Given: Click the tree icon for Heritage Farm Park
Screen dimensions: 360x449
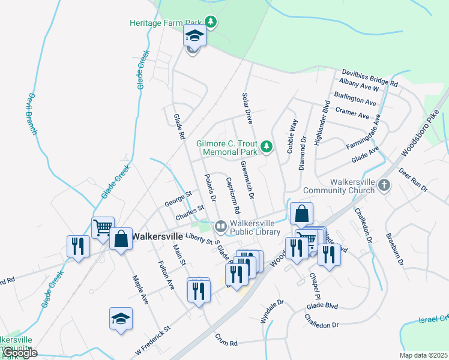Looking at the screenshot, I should click(210, 23).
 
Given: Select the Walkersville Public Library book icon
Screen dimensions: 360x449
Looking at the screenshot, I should click(220, 226).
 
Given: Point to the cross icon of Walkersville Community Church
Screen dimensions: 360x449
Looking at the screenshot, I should click(384, 186).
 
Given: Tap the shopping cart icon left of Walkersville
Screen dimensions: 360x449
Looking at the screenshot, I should click(103, 228).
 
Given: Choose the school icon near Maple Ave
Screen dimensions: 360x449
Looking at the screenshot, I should click(121, 318).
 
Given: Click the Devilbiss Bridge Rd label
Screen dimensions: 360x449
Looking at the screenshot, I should click(370, 77).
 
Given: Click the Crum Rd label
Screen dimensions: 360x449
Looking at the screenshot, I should click(226, 343).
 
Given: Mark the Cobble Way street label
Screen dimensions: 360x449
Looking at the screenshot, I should click(293, 136).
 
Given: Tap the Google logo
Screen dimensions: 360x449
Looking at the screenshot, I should click(19, 353).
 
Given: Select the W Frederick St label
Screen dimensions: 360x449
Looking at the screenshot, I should click(152, 338).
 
